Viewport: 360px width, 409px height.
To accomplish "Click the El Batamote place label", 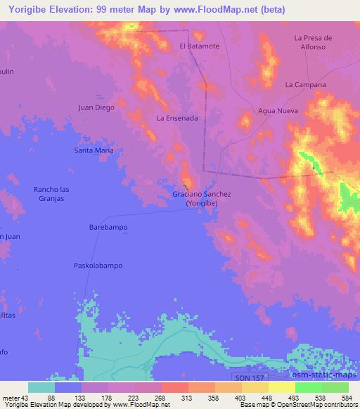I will [200, 46].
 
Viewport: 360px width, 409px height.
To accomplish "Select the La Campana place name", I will [305, 84].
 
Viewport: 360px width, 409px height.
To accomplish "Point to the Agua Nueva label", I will [278, 111].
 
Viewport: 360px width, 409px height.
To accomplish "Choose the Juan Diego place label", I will [96, 108].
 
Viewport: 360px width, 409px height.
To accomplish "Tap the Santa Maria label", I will [94, 150].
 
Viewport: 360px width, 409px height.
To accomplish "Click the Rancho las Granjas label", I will [52, 194].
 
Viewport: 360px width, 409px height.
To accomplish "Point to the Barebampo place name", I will [108, 228].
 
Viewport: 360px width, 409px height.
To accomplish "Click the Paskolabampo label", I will [98, 265].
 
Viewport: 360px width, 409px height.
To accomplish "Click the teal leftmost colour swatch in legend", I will [41, 387].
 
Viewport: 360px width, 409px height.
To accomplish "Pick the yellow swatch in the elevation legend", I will [281, 387].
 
